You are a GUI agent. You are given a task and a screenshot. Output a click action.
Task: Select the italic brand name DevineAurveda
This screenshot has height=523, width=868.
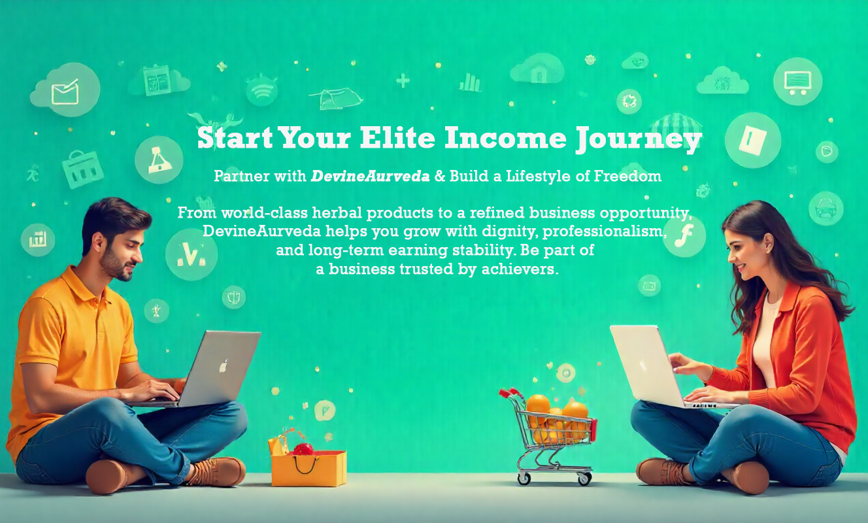tap(370, 177)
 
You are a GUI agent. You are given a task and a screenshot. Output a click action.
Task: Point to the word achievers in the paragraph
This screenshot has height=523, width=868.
tap(520, 269)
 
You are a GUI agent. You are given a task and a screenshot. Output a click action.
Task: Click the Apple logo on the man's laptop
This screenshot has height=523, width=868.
tap(224, 365)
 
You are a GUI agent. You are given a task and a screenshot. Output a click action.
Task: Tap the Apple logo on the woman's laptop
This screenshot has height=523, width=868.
tap(643, 365)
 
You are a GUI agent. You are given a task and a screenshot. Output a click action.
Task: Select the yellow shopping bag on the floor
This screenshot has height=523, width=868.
tap(309, 465)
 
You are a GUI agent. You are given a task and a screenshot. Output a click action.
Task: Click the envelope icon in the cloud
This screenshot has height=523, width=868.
tap(65, 92)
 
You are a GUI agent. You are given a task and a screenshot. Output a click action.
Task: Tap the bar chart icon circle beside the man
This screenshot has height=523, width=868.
tap(38, 239)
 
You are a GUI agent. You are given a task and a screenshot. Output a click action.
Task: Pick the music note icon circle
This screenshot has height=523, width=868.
tap(684, 236)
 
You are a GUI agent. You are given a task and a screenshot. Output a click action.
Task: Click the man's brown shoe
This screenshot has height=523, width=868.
tap(217, 471)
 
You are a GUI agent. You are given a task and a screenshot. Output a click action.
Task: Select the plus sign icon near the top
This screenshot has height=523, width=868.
tap(403, 80)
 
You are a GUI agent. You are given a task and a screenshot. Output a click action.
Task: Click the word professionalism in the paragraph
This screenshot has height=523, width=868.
tap(605, 231)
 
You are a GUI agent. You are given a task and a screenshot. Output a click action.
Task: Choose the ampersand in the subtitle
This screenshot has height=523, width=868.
tap(440, 177)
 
